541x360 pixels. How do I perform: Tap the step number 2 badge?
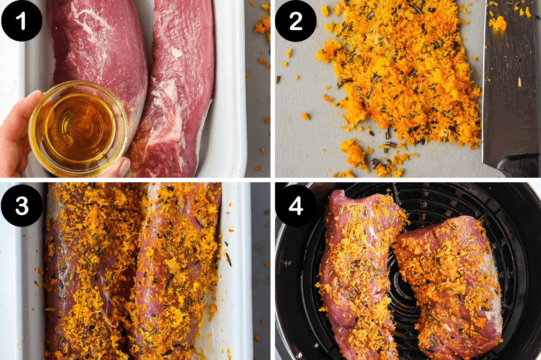tap(296, 20)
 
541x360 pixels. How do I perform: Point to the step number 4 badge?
tap(296, 205)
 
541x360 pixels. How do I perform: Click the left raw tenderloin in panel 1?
tap(97, 50)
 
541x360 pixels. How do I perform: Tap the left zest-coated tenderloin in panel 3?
tap(90, 271)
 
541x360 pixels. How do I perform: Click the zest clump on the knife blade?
tap(498, 23)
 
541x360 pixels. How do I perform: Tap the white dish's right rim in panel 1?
tap(234, 90)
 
